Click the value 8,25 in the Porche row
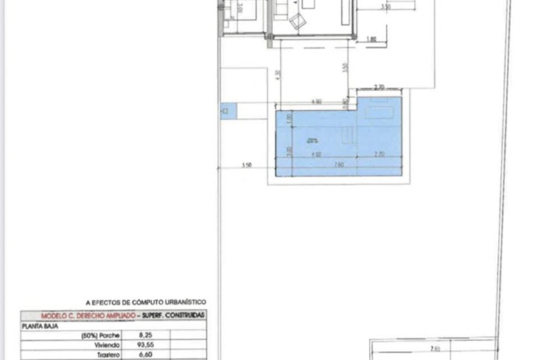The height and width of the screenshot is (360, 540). pos(146,335)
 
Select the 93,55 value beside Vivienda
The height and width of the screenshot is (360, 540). pos(145,345)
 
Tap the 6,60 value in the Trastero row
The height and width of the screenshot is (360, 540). pos(146,355)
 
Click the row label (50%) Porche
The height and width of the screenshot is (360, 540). pos(100,335)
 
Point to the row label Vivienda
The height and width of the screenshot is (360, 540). pos(107,345)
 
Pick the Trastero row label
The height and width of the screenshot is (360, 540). pos(108,355)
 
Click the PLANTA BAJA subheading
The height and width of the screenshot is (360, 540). pos(40,327)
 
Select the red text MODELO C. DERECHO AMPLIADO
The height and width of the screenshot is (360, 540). pos(88,316)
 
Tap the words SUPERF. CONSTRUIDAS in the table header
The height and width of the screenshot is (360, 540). pos(173,315)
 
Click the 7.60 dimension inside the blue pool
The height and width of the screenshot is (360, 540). pos(339,165)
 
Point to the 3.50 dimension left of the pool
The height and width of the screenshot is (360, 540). pos(247,165)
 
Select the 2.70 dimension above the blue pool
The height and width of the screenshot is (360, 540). pos(379,87)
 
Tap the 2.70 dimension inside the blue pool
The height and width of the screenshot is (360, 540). pos(379,154)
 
